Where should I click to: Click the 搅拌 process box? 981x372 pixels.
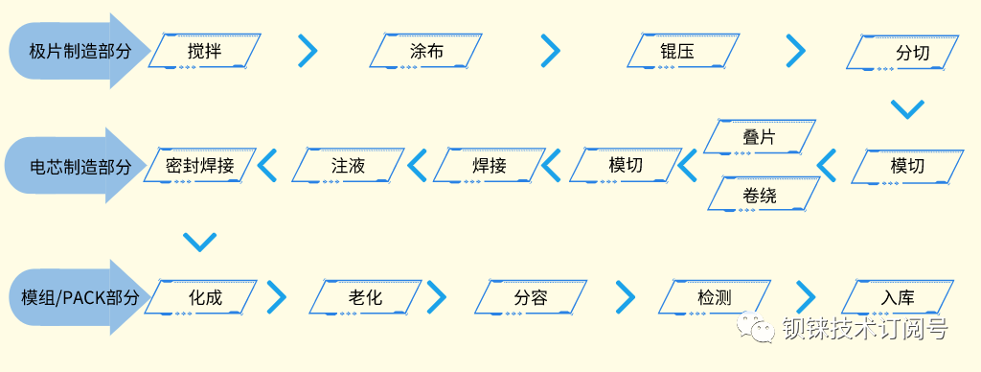tap(204, 52)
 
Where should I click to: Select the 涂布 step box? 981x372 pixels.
tap(426, 52)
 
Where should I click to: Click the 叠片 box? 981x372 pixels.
tap(759, 137)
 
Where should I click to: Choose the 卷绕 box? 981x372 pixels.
tap(759, 195)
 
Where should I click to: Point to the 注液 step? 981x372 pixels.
tap(349, 166)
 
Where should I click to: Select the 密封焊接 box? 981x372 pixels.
tap(199, 166)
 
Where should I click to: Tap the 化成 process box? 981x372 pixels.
tap(204, 297)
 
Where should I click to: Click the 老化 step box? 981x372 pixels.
tap(366, 297)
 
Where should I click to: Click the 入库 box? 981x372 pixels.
tap(898, 297)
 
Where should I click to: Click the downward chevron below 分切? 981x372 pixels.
tap(906, 108)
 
